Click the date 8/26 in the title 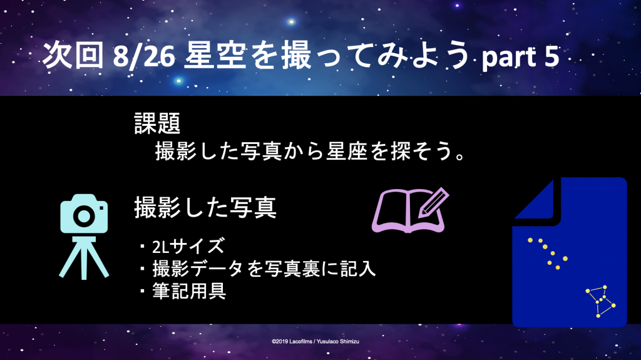145,56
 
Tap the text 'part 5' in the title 520,57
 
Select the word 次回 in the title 73,55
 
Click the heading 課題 157,123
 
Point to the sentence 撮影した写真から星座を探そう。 310,151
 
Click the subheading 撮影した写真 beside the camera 205,207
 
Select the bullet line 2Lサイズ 183,246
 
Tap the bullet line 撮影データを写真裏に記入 257,269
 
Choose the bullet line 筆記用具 183,291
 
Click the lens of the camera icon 85,217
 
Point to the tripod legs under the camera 85,258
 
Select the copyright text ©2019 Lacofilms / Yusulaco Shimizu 315,341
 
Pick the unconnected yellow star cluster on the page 547,253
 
